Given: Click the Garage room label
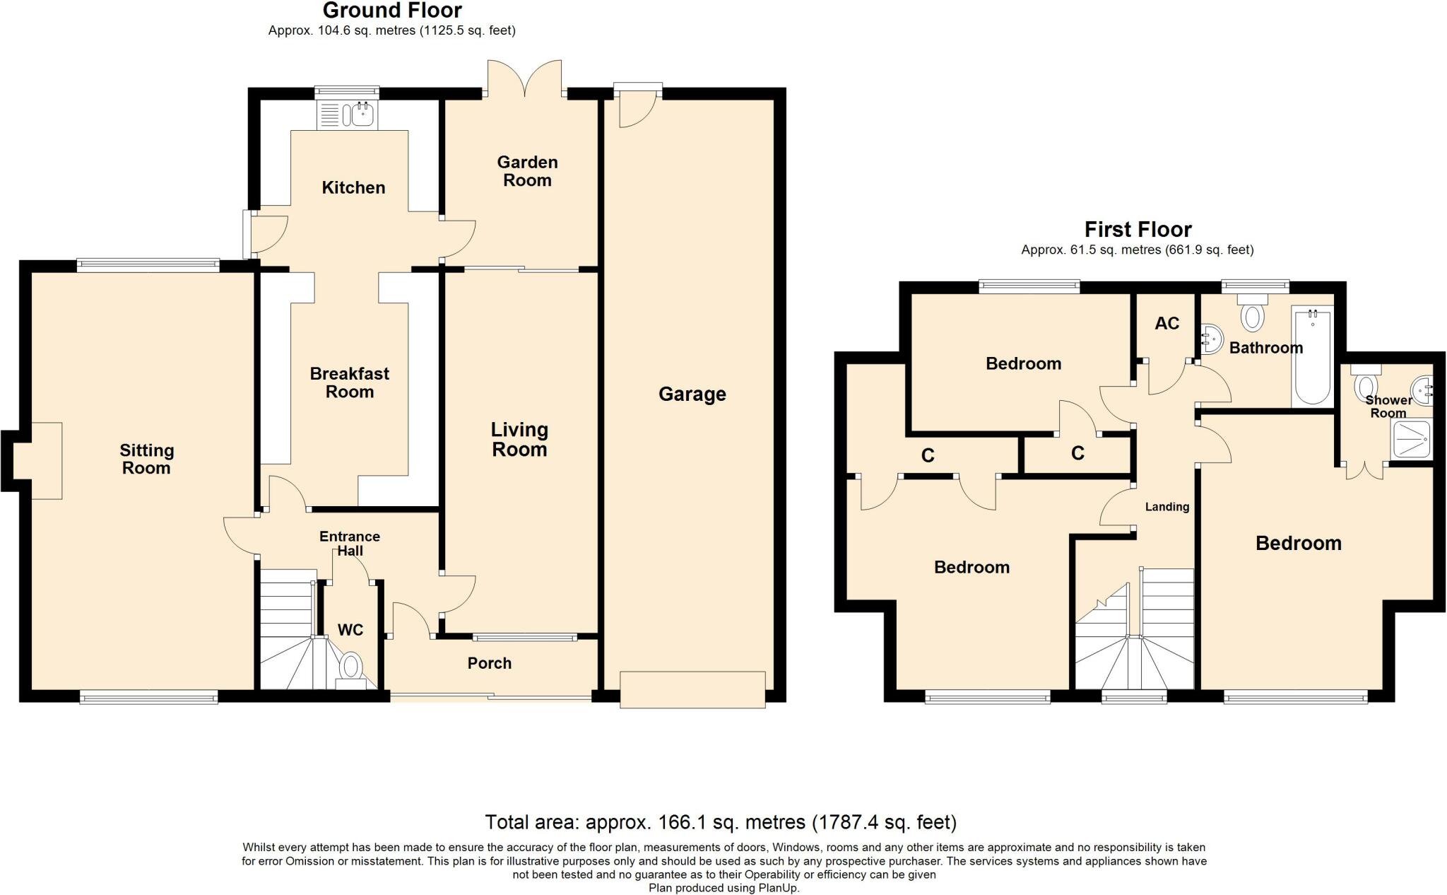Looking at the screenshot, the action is click(x=692, y=394).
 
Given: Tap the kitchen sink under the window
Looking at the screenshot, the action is click(x=347, y=115).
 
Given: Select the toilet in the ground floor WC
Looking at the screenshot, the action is click(x=351, y=671).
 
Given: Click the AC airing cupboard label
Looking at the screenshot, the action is click(x=1167, y=324).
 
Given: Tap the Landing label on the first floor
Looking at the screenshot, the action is click(x=1167, y=507).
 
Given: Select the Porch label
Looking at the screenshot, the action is click(x=490, y=663).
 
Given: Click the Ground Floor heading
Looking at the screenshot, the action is click(x=392, y=11).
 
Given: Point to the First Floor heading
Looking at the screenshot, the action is click(x=1138, y=230).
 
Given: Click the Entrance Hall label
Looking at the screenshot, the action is click(x=350, y=544).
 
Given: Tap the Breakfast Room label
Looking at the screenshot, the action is click(x=350, y=382).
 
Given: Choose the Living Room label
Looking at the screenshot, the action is click(x=519, y=439).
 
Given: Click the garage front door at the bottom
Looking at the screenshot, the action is click(x=692, y=689).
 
